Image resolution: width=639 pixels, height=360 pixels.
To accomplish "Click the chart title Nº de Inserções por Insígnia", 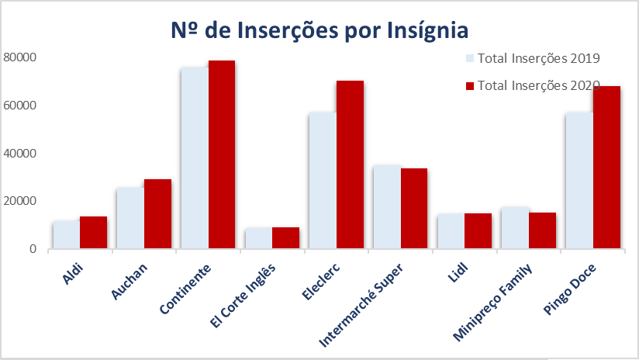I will [x=319, y=30].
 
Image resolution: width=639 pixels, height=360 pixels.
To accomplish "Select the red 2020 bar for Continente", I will [x=222, y=155].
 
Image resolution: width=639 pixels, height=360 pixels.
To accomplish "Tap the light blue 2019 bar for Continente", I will [x=195, y=158].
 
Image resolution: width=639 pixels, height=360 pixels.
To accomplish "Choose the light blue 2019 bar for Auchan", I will [x=130, y=218].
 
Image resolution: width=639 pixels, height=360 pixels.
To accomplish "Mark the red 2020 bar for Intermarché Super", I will [x=414, y=209].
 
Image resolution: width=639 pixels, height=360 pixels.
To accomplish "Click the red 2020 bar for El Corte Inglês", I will [x=285, y=238].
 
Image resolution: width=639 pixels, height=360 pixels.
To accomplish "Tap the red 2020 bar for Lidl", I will [x=478, y=231].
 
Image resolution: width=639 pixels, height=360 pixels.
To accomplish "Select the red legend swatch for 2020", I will [x=469, y=85].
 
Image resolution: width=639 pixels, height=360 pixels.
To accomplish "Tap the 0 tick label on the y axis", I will [x=33, y=249].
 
